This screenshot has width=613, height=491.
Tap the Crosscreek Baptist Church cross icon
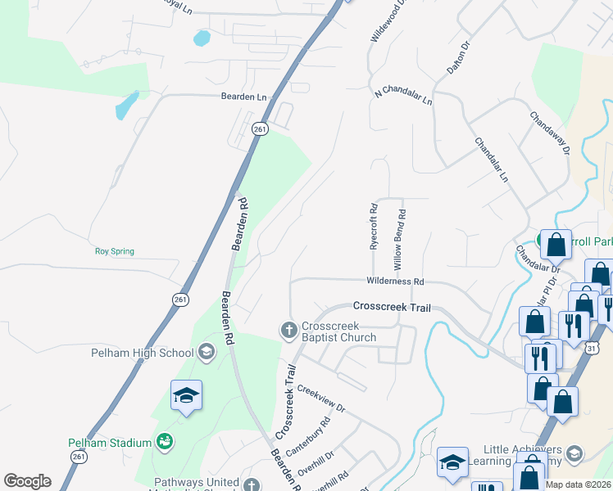coord(288,330)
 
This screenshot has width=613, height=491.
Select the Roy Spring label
coord(114,251)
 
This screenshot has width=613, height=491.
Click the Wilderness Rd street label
coord(395,282)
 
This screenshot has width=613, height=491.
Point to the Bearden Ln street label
coord(243,97)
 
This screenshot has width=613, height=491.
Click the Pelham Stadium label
coord(109,443)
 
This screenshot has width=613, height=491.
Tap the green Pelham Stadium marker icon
coord(165,442)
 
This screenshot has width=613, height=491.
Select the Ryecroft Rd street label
coord(373,227)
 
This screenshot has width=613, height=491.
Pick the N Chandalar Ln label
coord(402,96)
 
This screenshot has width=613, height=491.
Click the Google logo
coord(27,481)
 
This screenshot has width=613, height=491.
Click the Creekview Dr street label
coord(321,399)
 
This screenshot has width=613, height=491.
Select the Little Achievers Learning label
coord(520,455)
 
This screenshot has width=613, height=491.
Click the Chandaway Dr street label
coord(549,133)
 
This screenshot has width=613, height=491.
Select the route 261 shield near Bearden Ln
coord(260,129)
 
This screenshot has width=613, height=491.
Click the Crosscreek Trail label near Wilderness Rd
coord(391,306)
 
